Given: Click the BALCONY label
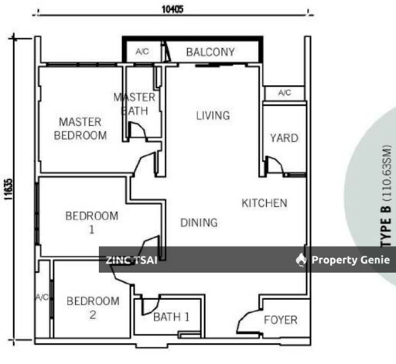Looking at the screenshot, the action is tap(210, 53).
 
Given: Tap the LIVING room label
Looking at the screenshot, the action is tap(213, 115).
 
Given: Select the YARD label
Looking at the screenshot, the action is tap(284, 138).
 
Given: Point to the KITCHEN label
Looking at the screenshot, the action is tap(265, 203).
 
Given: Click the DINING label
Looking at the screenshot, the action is tap(199, 223).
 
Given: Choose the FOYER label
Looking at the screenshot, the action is tap(281, 320).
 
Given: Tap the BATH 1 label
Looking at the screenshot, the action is tap(172, 317).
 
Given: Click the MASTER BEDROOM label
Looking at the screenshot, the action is tap(80, 129).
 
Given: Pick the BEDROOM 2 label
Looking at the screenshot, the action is tap(93, 308).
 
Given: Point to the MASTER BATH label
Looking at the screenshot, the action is tap(135, 104).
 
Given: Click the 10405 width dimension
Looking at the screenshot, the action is tap(172, 9).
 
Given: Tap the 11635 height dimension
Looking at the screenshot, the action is tap(9, 189).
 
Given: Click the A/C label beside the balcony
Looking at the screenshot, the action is tap(142, 52).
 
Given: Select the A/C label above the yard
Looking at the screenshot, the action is tap(285, 93).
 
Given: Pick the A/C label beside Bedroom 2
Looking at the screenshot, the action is tap(42, 298).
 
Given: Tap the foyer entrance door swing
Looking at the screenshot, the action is tap(247, 321).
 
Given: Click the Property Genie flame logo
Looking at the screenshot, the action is tap(301, 260).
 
